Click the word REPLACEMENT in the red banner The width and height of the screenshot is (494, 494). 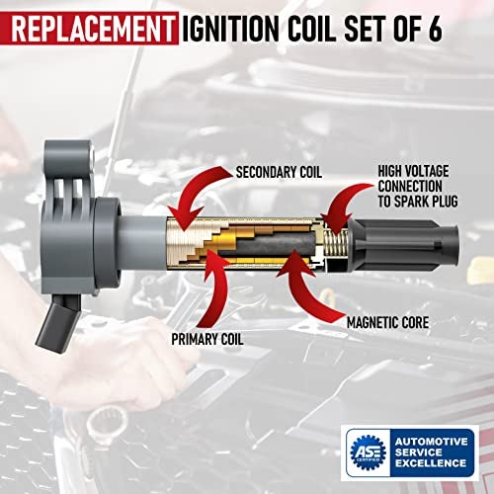[x=91, y=24]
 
